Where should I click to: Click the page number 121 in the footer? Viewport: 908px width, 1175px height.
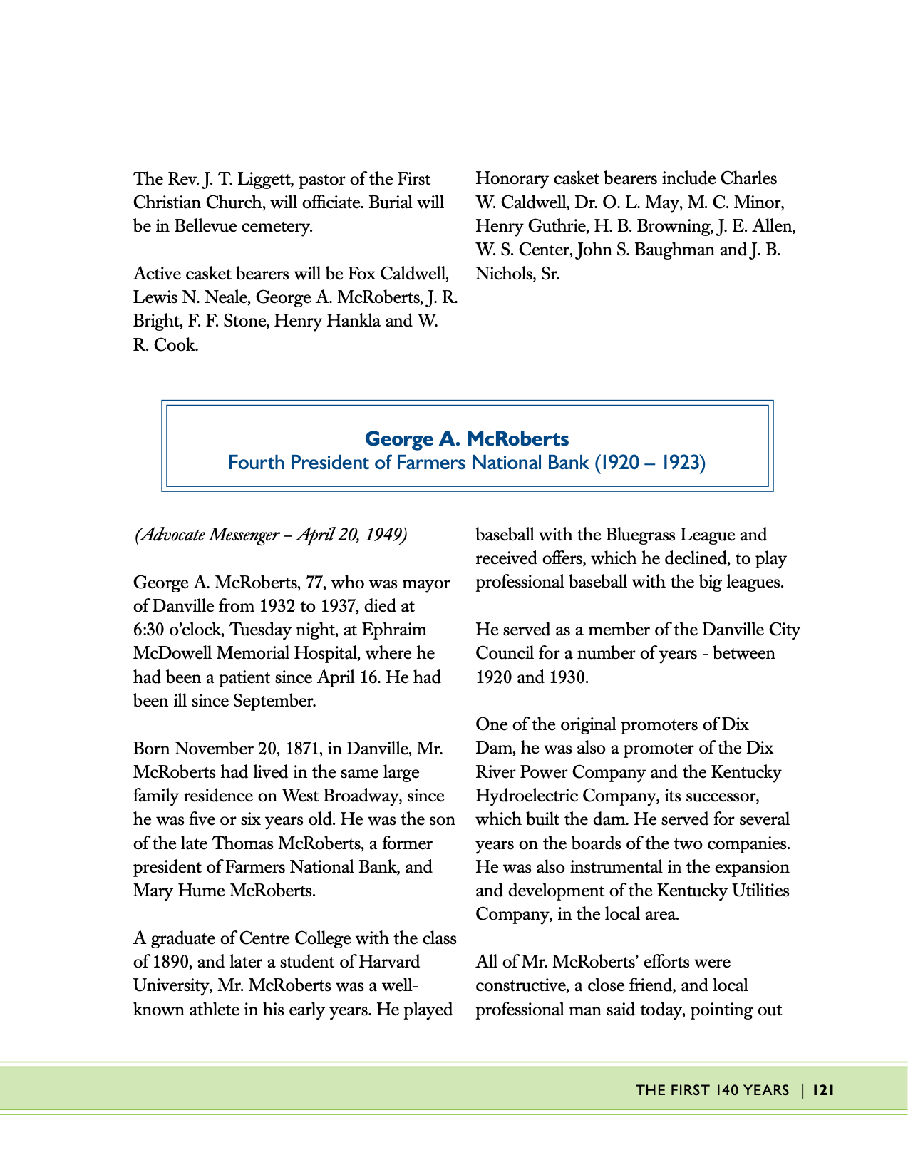tap(823, 1089)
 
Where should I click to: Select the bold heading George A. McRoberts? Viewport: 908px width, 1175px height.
tap(467, 439)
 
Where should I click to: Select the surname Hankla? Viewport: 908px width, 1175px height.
tap(353, 322)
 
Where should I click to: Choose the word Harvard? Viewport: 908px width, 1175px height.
tap(389, 962)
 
